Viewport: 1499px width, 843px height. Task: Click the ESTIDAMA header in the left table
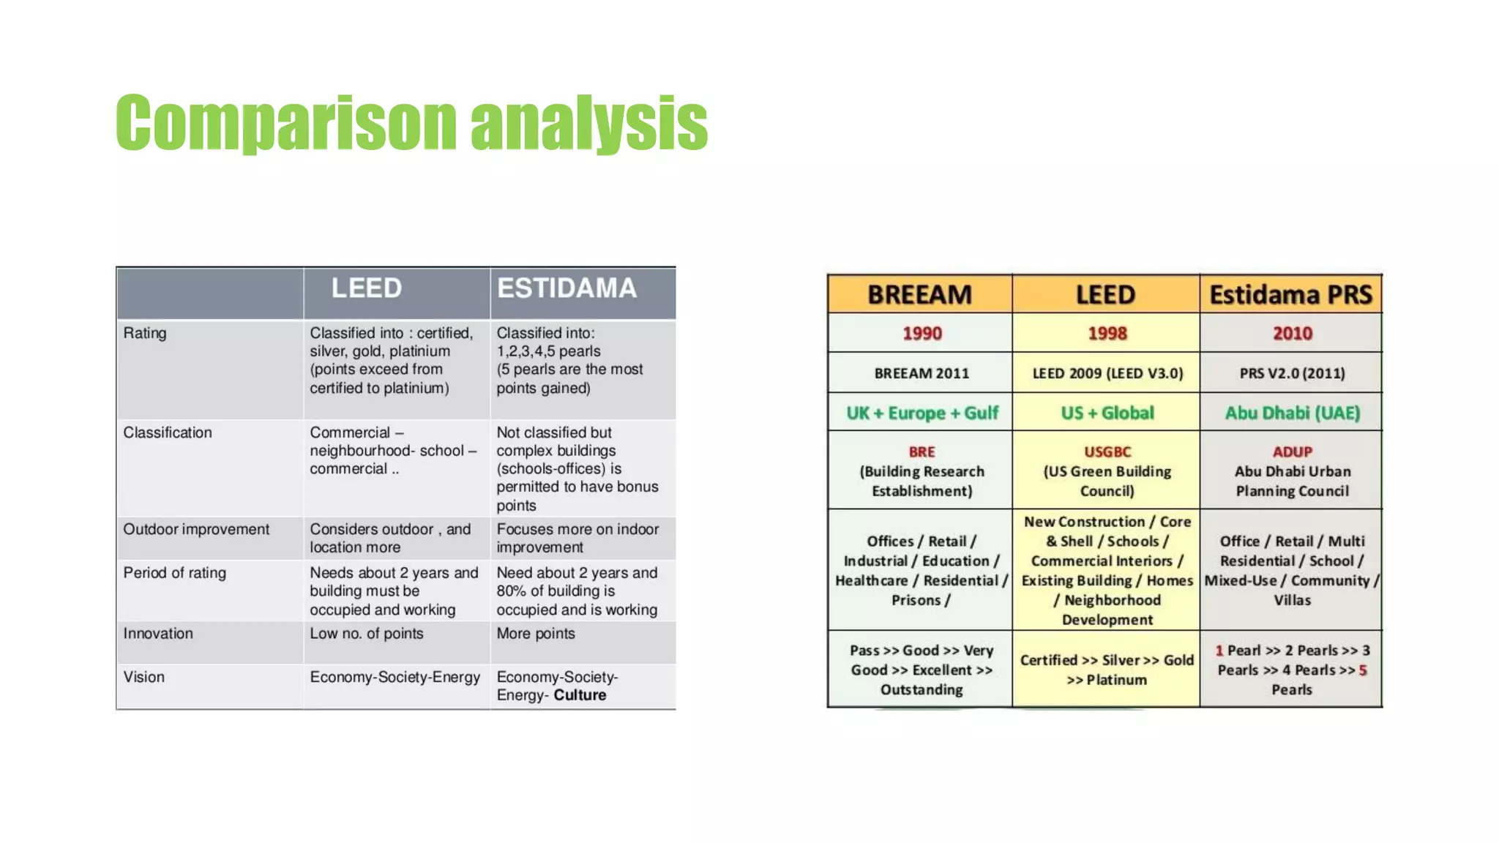[x=567, y=288]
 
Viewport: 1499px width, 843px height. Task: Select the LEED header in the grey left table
[x=366, y=288]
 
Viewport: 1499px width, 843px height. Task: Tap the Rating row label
[x=145, y=333]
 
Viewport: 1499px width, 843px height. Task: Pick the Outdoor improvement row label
[x=196, y=529]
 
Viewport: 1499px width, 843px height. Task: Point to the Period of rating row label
[x=174, y=573]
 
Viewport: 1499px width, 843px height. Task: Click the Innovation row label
[x=158, y=634]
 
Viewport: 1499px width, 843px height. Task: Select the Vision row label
[x=143, y=677]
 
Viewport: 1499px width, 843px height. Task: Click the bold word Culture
[x=580, y=695]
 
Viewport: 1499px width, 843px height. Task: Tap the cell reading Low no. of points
[x=366, y=634]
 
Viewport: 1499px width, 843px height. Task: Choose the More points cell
[x=536, y=634]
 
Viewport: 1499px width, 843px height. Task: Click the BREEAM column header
[x=919, y=295]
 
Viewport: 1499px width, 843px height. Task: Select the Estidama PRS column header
[x=1290, y=295]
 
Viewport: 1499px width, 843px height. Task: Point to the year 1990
[x=922, y=334]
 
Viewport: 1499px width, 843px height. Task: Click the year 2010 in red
[x=1292, y=334]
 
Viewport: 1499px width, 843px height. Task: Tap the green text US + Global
[x=1107, y=413]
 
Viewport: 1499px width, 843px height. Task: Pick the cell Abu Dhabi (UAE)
[x=1292, y=413]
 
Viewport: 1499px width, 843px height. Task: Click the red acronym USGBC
[x=1107, y=452]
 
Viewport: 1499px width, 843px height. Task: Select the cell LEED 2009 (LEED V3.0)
[x=1107, y=373]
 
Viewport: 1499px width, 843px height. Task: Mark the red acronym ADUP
[x=1292, y=452]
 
